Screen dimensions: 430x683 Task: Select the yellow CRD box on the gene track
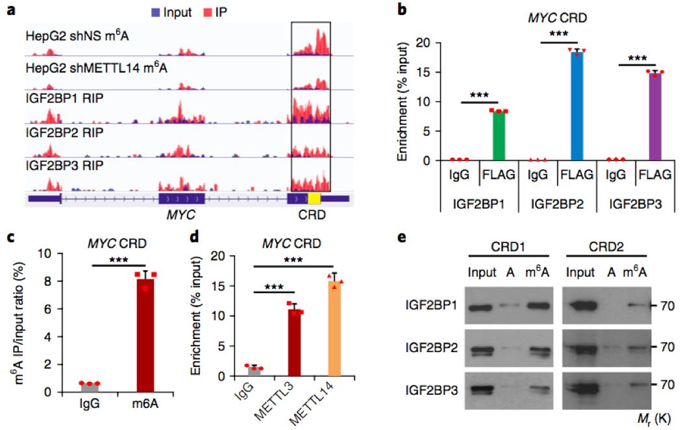[x=314, y=197]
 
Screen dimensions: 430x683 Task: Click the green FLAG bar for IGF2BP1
[x=499, y=136]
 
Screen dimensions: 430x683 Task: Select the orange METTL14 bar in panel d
[x=336, y=329]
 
